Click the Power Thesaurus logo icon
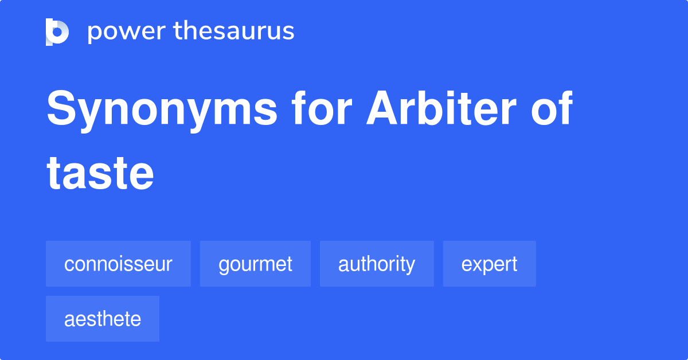point(57,32)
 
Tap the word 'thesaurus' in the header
point(234,32)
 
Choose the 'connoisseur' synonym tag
point(118,264)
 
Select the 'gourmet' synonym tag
point(255,264)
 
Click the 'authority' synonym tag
point(377,264)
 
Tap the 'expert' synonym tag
point(489,264)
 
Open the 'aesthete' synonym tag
point(103,319)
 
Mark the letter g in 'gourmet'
point(223,266)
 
